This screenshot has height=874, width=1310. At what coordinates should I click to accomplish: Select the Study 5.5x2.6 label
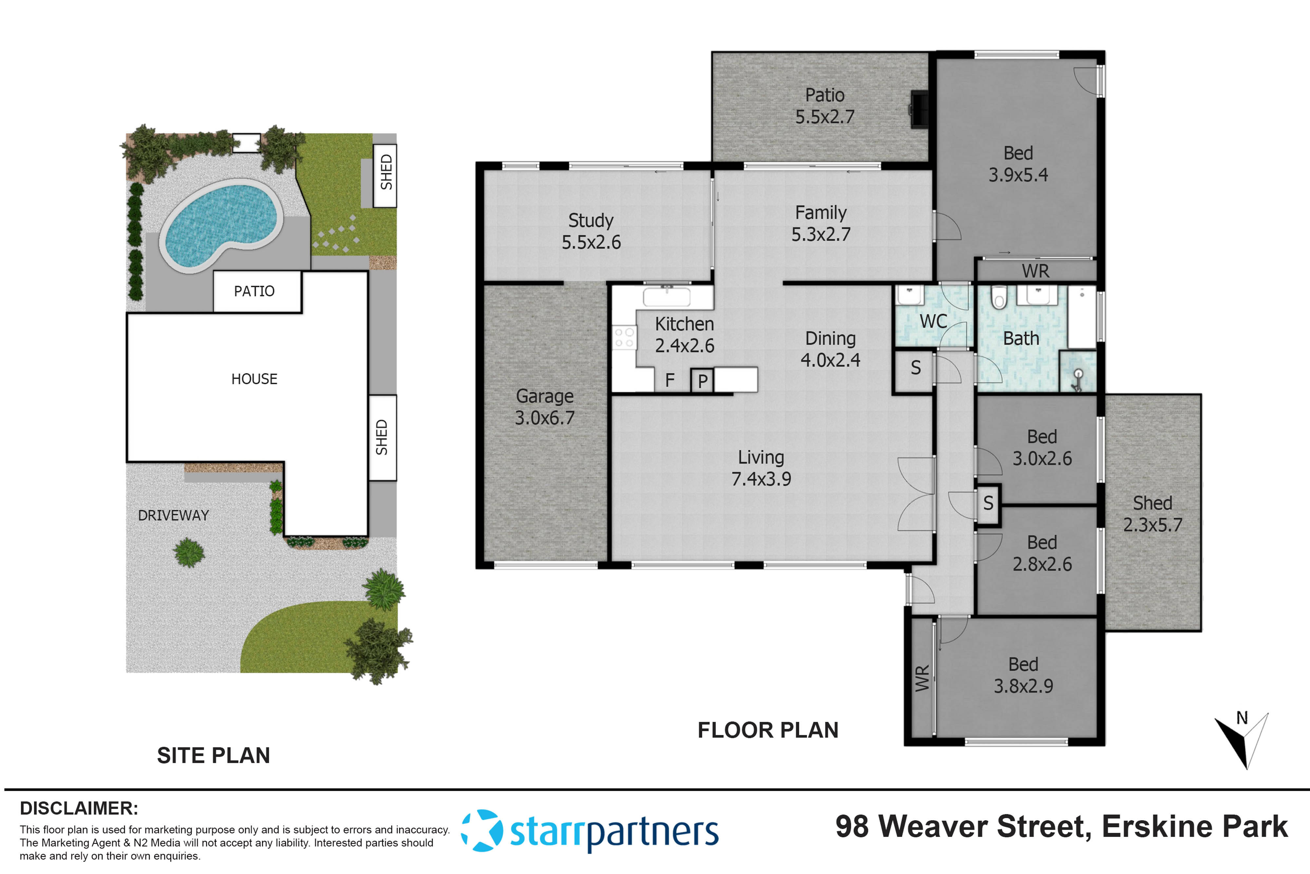coord(591,231)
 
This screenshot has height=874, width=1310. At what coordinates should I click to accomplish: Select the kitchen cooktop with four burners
coord(624,337)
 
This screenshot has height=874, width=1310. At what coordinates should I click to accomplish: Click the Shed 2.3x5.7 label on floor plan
coord(1152,514)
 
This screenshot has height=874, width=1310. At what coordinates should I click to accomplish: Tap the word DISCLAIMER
coord(79,808)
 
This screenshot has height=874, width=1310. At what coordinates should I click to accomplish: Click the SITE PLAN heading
coord(213,755)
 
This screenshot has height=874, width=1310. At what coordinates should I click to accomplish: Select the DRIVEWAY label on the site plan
coord(173,515)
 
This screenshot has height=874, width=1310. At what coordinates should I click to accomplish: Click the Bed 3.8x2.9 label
coord(1023,675)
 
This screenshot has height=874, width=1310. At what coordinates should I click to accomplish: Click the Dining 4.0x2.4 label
coord(830,349)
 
